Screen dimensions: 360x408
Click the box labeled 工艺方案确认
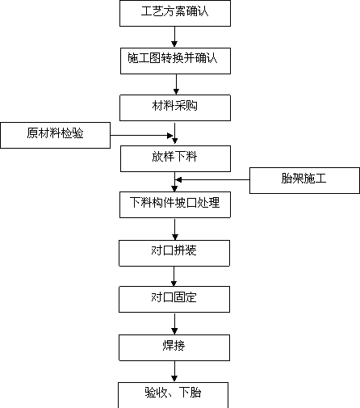click(x=175, y=13)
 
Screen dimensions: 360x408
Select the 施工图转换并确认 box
click(x=175, y=61)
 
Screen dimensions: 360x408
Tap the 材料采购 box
click(x=175, y=107)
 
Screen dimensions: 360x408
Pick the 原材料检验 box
click(x=56, y=135)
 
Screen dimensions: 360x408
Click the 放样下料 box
click(x=175, y=158)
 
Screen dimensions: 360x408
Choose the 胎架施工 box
click(x=304, y=180)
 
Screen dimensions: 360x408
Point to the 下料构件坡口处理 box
click(x=175, y=204)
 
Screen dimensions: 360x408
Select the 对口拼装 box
click(x=174, y=253)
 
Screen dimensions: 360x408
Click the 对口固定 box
click(x=174, y=299)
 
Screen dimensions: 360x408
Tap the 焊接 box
click(x=174, y=347)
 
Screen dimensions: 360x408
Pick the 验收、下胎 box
click(x=173, y=395)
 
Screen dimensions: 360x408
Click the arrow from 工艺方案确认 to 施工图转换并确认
click(x=174, y=37)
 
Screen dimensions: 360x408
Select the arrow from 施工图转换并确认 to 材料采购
click(x=176, y=84)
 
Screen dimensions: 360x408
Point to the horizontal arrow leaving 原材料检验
click(x=141, y=136)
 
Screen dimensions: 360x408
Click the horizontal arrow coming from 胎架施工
click(x=213, y=179)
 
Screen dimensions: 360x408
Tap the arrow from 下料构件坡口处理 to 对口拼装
click(x=175, y=229)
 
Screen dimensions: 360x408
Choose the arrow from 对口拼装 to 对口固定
click(x=174, y=276)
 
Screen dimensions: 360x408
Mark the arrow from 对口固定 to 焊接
click(x=174, y=324)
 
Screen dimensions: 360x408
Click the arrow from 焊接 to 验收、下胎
click(x=174, y=372)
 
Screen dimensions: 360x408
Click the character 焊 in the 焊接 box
click(x=168, y=346)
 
